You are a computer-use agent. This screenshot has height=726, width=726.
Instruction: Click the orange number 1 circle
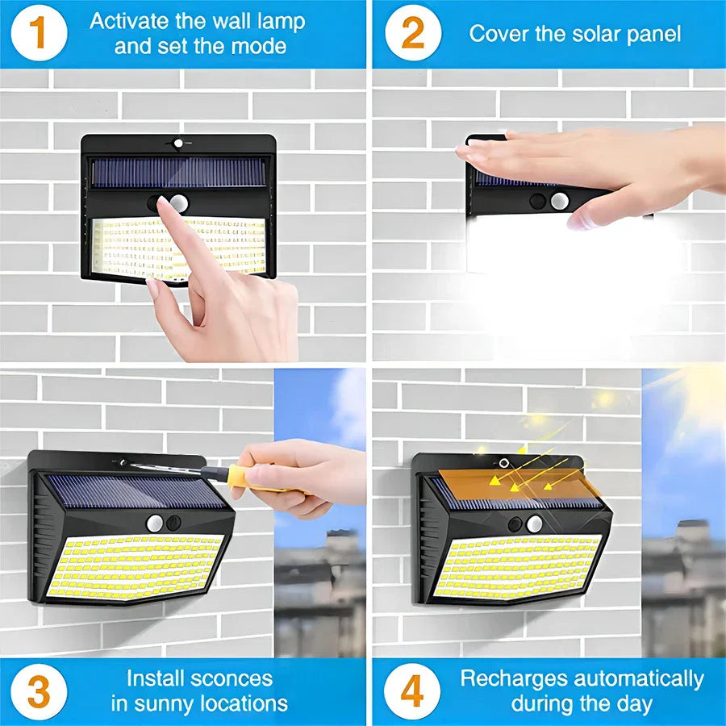(38, 33)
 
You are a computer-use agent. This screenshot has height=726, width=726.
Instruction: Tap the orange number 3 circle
(38, 691)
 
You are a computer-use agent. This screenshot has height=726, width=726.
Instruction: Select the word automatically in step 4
(639, 678)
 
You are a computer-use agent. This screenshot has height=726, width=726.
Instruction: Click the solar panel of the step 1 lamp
(178, 172)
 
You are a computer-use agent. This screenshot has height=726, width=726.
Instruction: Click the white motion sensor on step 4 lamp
(534, 524)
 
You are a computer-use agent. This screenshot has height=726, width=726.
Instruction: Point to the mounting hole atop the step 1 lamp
(178, 144)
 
